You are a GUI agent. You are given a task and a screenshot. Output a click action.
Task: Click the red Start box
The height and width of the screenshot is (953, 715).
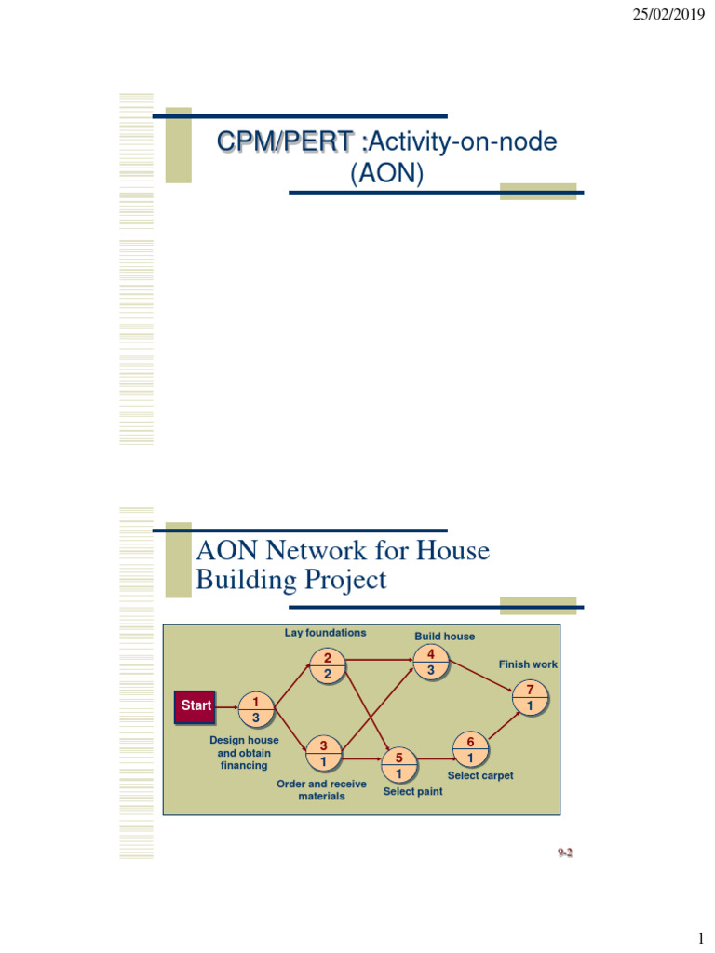tap(196, 706)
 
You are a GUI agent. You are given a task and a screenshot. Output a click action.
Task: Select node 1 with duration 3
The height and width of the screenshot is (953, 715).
tap(256, 710)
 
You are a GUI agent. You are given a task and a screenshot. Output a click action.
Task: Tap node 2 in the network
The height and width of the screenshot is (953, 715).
tap(328, 665)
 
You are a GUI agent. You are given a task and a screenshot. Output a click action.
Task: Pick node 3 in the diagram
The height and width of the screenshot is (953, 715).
tap(323, 754)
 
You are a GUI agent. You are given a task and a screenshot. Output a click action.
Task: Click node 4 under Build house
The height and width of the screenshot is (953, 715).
tap(430, 663)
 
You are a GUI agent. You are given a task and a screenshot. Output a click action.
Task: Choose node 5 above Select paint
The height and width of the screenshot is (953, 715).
tap(398, 765)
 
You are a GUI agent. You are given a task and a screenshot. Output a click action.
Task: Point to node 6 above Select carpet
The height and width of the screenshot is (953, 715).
tap(470, 749)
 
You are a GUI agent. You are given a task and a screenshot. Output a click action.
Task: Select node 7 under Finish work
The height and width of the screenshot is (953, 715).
tap(530, 698)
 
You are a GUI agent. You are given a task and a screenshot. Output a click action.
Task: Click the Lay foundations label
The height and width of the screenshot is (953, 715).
tap(325, 633)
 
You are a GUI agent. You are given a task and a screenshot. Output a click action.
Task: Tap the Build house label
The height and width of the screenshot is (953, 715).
tap(444, 637)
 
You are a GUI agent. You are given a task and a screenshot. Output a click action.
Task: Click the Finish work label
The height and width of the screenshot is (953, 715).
tap(528, 664)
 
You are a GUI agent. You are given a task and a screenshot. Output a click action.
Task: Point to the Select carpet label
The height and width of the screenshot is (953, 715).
tap(480, 775)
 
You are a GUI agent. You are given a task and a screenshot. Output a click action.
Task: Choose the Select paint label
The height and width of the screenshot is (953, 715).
tap(412, 791)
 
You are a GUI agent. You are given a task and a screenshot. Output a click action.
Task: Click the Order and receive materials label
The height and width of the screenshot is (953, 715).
tap(321, 790)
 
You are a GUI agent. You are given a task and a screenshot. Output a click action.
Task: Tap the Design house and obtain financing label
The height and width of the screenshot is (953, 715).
tap(244, 752)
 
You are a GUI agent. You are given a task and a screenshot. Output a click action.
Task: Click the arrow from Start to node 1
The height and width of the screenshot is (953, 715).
tap(226, 707)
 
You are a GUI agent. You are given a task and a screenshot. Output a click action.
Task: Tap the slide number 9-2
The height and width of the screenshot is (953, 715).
tap(564, 852)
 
